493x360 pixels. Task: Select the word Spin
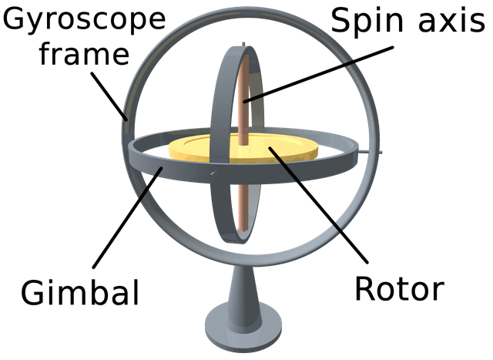point(367,21)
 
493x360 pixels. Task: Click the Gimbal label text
point(80,291)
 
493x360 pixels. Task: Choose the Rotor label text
point(400,288)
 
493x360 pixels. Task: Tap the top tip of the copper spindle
point(243,43)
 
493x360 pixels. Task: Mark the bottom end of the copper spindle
point(243,230)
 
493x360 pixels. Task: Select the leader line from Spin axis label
point(318,74)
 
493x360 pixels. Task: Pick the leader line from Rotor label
point(318,204)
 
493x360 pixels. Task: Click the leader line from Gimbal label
point(127,217)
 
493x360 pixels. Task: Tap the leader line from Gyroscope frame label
point(109,96)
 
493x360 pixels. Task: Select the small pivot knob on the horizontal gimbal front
point(213,173)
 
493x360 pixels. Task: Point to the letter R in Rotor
point(365,288)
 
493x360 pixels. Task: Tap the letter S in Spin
point(341,21)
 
